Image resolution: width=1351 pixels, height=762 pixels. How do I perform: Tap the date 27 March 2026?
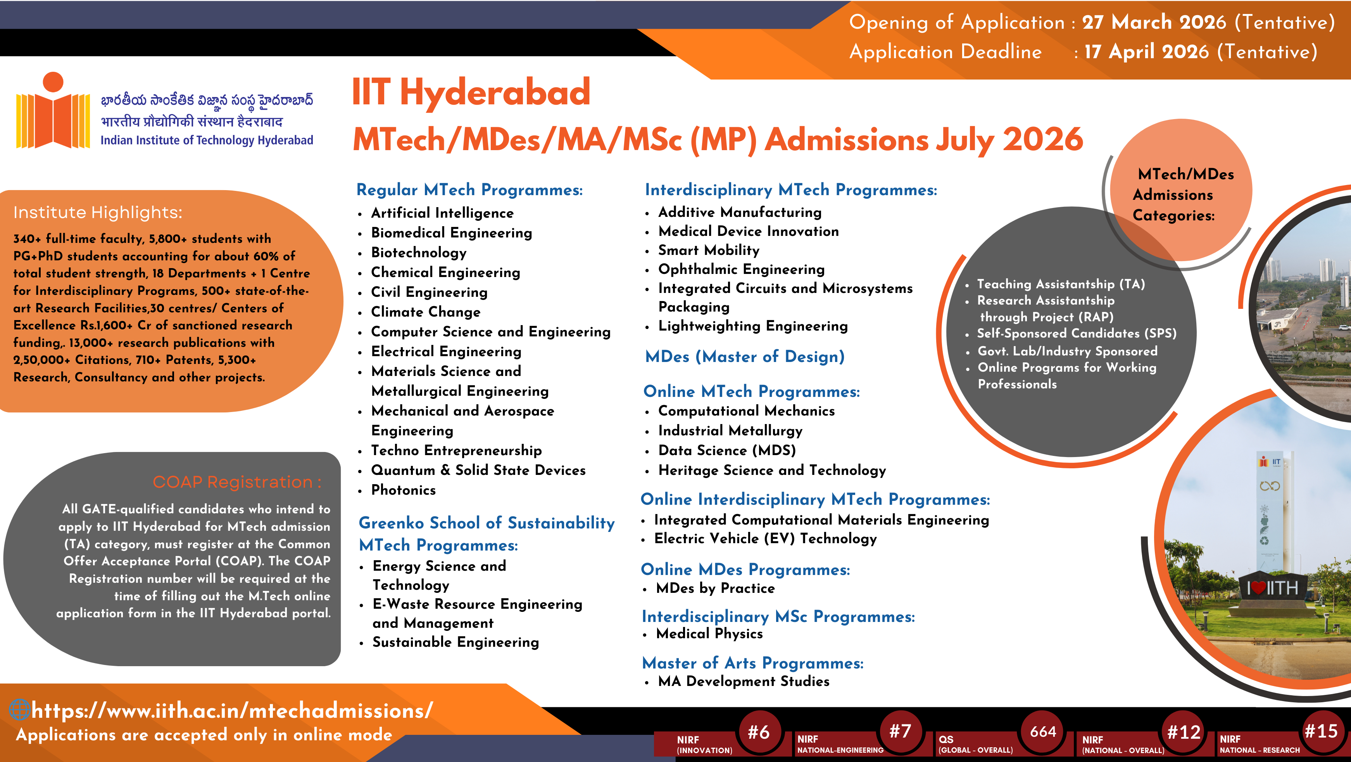coord(1154,22)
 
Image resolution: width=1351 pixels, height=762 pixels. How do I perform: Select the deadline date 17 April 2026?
coord(1146,52)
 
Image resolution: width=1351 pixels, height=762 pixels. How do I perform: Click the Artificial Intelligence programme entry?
coord(442,213)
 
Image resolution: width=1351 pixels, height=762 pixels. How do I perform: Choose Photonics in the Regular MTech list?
coord(403,490)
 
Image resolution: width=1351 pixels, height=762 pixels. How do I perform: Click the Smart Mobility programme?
coord(709,250)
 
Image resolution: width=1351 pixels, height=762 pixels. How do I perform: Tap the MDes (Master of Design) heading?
coord(745,357)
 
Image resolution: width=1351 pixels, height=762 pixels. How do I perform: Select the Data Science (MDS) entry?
coord(727,451)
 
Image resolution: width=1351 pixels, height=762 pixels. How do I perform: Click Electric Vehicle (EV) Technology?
coord(765,539)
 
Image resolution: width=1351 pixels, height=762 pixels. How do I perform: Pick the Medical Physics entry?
coord(709,634)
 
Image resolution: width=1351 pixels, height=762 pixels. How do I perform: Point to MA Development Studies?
coord(744,682)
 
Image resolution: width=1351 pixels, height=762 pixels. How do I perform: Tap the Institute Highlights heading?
coord(98,213)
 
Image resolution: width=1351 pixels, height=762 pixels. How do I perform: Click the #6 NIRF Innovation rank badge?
coord(758,732)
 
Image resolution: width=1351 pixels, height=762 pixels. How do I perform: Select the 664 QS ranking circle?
coord(1043,732)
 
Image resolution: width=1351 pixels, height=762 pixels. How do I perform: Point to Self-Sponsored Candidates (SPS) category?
coord(1076,334)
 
